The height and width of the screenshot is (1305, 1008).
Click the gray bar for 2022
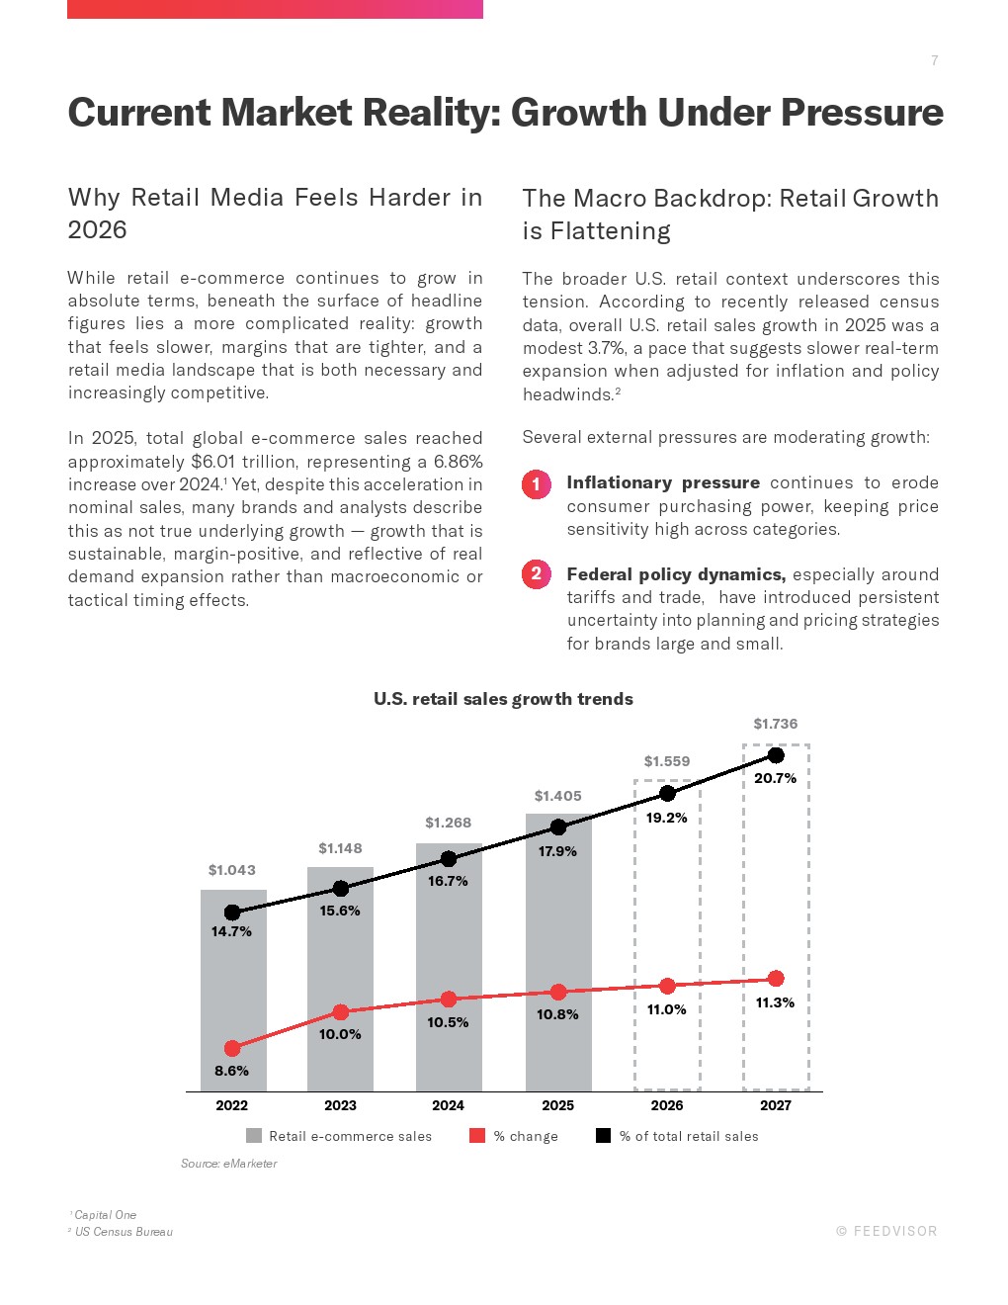pos(233,990)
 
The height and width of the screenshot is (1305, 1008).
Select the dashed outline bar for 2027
pos(744,917)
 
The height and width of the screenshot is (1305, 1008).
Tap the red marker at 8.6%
pos(231,1048)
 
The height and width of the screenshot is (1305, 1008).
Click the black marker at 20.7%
pos(776,755)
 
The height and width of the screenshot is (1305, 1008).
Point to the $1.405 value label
pos(557,796)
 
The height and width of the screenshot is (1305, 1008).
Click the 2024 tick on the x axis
pos(448,1105)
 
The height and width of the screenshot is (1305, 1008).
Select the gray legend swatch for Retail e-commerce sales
pos(254,1136)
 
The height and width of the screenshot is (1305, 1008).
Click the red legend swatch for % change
pos(476,1136)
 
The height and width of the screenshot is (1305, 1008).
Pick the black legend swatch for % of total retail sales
pos(603,1136)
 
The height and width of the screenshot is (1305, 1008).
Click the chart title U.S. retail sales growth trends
pos(503,698)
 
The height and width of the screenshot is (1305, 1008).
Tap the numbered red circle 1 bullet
pos(537,484)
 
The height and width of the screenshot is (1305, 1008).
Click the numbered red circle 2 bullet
pos(537,574)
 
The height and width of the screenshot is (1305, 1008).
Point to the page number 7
pos(934,60)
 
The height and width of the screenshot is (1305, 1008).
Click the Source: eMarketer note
pos(228,1164)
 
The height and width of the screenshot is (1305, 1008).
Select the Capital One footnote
pos(103,1215)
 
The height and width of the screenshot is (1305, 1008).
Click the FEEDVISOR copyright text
pos(886,1231)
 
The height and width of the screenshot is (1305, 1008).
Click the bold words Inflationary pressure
pos(663,482)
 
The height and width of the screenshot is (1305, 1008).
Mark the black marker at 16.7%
pos(449,859)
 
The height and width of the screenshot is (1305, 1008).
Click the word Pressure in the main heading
pos(862,112)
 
